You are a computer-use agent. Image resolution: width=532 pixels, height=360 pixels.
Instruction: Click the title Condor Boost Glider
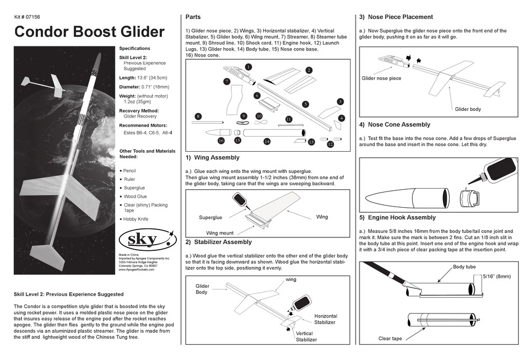pos(89,31)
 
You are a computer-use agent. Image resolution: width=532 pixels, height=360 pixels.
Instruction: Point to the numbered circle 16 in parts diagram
pos(221,141)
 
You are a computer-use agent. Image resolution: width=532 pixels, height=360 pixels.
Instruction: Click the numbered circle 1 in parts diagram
pos(248,67)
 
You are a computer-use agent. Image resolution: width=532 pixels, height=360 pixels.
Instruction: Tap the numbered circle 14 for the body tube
pos(267,142)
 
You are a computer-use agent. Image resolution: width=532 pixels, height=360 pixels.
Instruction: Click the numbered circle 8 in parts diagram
pos(198,116)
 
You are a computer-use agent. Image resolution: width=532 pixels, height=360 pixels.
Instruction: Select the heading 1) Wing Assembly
pos(212,158)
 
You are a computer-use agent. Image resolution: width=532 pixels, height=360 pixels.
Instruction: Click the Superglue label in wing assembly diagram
pos(210,217)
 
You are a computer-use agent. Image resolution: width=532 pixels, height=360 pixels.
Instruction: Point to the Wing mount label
pos(220,233)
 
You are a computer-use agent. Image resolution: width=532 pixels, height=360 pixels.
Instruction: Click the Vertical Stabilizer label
pos(306,336)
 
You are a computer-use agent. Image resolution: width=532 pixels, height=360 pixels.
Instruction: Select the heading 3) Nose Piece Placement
pos(396,17)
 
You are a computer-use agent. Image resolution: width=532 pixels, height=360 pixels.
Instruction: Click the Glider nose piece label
pos(381,78)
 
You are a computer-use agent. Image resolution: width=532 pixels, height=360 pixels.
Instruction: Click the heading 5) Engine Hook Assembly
pos(398,217)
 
